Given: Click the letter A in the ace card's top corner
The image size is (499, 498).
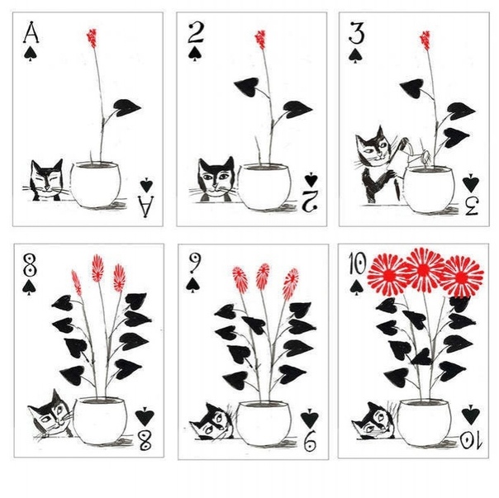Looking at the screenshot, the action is pyautogui.click(x=31, y=32).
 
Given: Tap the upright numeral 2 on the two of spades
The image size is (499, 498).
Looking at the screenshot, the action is pyautogui.click(x=195, y=33).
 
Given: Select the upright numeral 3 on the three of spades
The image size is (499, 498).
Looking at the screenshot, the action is pyautogui.click(x=356, y=32).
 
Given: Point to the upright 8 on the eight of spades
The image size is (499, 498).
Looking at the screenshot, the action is pyautogui.click(x=30, y=265).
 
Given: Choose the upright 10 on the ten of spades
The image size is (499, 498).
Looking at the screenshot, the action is pyautogui.click(x=358, y=263).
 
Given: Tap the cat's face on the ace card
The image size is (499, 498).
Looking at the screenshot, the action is pyautogui.click(x=46, y=179).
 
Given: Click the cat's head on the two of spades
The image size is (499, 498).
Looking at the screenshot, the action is pyautogui.click(x=216, y=178).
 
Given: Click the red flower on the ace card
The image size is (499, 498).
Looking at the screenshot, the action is pyautogui.click(x=92, y=38).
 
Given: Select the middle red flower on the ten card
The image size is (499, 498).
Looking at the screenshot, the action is pyautogui.click(x=423, y=270).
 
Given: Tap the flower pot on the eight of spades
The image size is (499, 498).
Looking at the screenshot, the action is pyautogui.click(x=100, y=420).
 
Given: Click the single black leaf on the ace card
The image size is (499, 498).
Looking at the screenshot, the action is pyautogui.click(x=126, y=107).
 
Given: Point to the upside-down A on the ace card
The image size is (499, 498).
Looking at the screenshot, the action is pyautogui.click(x=145, y=206).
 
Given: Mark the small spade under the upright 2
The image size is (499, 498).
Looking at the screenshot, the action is pyautogui.click(x=194, y=54).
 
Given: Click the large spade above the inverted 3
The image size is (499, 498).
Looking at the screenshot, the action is pyautogui.click(x=471, y=183).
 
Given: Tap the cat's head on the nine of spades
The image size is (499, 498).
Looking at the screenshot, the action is pyautogui.click(x=212, y=421).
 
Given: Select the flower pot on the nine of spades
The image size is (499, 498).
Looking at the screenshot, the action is pyautogui.click(x=264, y=423).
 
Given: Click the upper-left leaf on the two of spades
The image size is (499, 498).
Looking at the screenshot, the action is pyautogui.click(x=247, y=87).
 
